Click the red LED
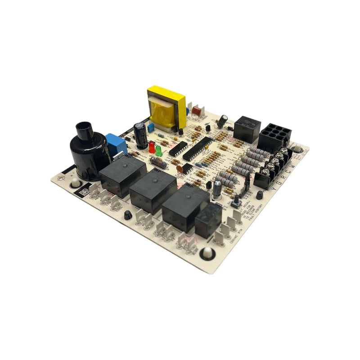[x=152, y=147]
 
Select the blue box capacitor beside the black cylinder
[x=116, y=144]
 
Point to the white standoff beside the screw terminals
[x=297, y=149]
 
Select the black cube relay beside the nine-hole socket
[x=247, y=129]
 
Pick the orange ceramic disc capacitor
[x=180, y=169]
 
